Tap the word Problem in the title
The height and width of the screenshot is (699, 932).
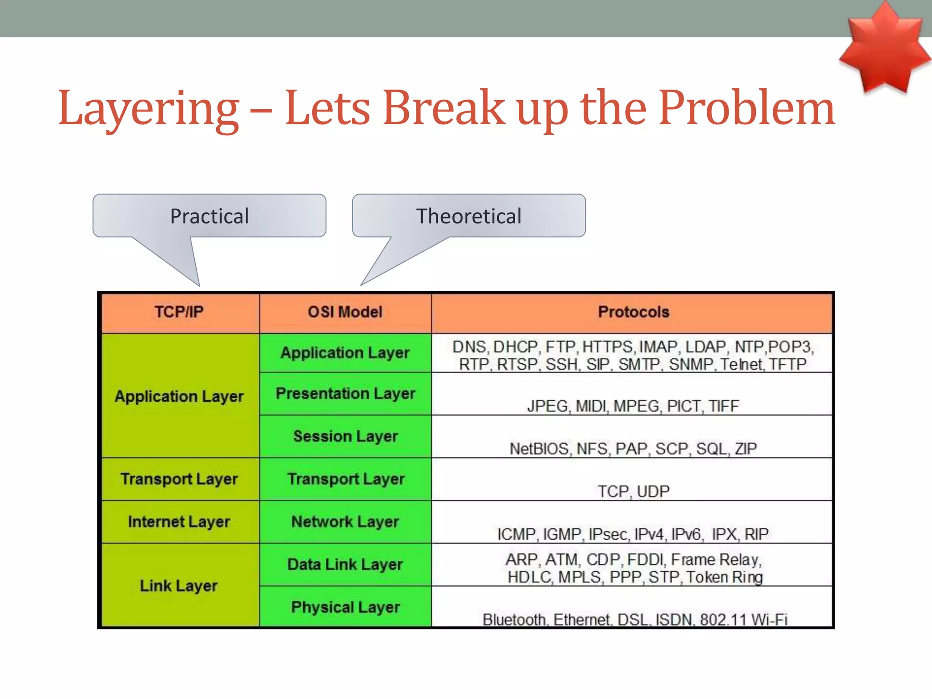746,108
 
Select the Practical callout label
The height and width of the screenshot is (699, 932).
209,216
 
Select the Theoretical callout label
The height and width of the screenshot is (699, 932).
469,216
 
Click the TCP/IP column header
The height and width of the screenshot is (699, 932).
179,312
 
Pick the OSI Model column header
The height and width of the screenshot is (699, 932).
345,312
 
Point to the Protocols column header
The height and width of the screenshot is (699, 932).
633,312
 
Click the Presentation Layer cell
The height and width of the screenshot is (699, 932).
345,394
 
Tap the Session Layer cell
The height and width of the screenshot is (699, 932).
345,436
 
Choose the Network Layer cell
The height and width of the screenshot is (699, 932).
345,522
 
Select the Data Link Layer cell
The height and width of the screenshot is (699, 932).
345,565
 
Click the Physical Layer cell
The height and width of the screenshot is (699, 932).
345,608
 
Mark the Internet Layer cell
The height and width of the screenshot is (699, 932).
179,522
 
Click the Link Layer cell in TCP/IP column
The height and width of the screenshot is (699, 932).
179,586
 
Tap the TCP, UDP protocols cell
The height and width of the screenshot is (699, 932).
633,491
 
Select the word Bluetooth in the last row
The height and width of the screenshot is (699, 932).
514,620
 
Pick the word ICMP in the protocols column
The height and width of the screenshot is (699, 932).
516,534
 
